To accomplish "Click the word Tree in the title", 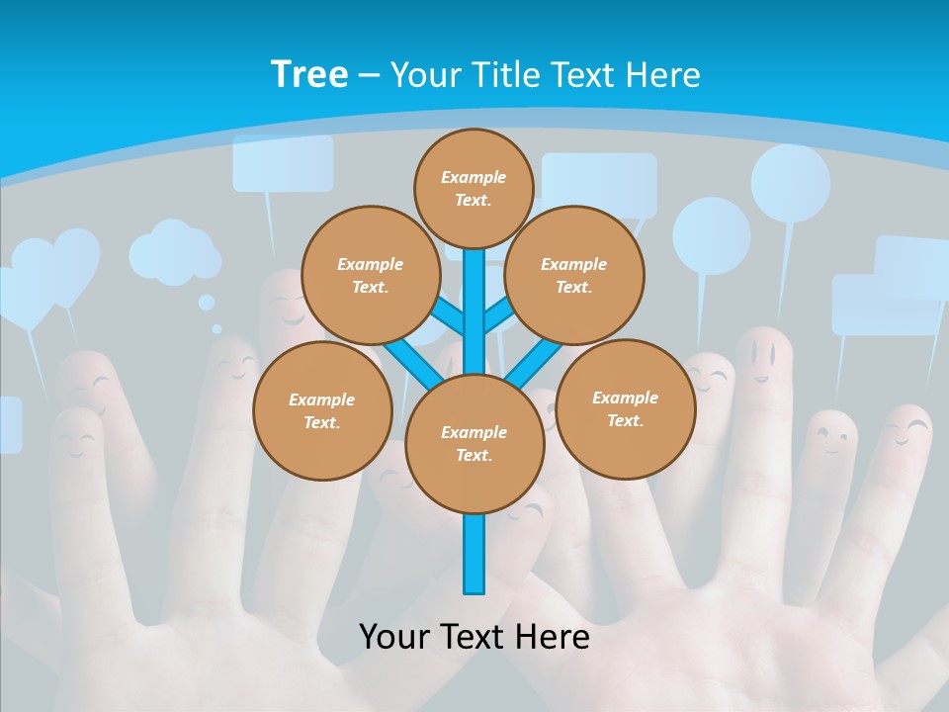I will point(309,74).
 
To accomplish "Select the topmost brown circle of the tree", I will point(474,188).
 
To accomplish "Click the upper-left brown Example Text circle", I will point(370,276).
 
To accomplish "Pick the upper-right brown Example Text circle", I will point(573,276).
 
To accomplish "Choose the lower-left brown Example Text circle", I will point(322,410).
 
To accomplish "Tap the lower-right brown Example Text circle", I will point(625,408).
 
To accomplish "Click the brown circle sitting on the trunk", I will point(474,444).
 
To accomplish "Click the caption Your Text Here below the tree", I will point(474,636).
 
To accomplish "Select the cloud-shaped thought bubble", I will point(175,254).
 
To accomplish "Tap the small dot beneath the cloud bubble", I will point(207,303).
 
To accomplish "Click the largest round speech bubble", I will point(790,184).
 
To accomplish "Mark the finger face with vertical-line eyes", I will point(761,355).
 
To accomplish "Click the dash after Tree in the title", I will point(369,75).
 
